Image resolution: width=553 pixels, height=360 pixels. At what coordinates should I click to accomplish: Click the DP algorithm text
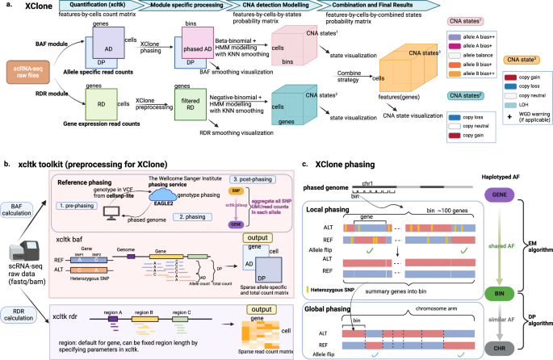(x=541, y=319)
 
